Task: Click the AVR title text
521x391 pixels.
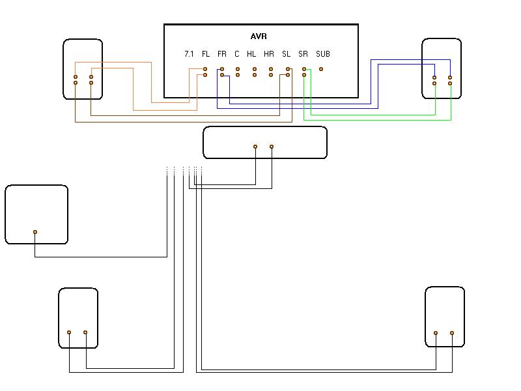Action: click(259, 36)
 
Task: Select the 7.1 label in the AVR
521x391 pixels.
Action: click(189, 54)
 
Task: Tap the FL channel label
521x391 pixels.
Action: click(206, 54)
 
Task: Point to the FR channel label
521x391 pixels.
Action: click(222, 54)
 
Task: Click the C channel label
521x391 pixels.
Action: click(237, 54)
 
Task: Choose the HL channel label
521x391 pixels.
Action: click(251, 54)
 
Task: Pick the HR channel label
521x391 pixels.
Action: click(269, 54)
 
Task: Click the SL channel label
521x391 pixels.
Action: click(287, 54)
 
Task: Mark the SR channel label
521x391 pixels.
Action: click(303, 54)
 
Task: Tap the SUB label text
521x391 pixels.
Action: click(323, 54)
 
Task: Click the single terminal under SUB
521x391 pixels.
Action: click(321, 69)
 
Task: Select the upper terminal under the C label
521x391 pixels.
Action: click(238, 69)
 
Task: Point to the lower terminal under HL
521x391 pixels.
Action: click(255, 76)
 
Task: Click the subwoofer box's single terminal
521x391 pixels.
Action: click(35, 232)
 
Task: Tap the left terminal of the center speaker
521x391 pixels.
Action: click(255, 147)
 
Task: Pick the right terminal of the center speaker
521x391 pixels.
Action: click(272, 147)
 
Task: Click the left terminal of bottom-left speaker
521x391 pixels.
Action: click(69, 332)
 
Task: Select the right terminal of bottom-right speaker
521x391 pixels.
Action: click(452, 332)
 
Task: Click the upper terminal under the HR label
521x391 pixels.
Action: click(271, 69)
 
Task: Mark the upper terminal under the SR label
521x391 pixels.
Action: click(304, 69)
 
